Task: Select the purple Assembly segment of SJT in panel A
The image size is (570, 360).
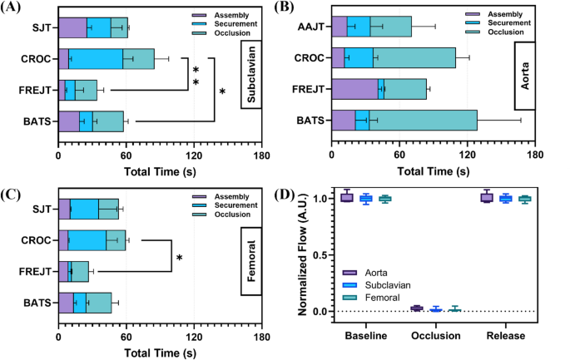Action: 72,27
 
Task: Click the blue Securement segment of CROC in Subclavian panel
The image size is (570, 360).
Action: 96,59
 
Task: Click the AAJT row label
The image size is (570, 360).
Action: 310,27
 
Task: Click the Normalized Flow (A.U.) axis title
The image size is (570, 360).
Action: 300,259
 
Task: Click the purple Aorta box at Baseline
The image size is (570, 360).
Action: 346,197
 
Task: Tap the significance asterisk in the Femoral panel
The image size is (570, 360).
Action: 178,259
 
